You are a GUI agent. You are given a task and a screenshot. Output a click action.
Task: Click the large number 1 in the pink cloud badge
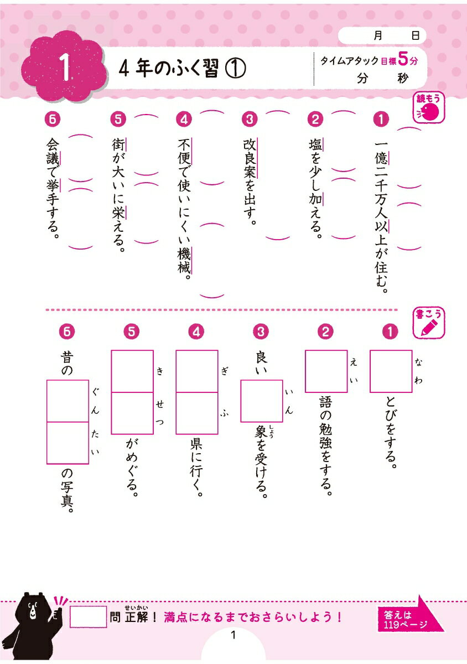pyautogui.click(x=65, y=67)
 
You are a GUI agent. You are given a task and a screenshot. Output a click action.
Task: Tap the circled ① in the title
pyautogui.click(x=235, y=69)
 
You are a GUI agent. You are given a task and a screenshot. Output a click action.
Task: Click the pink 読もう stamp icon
pyautogui.click(x=428, y=107)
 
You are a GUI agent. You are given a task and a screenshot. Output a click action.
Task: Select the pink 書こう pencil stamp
pyautogui.click(x=428, y=323)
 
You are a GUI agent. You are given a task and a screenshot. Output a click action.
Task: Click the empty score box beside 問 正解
pyautogui.click(x=88, y=616)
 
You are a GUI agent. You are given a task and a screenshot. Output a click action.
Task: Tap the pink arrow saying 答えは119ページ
pyautogui.click(x=410, y=616)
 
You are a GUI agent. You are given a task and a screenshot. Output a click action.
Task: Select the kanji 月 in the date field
pyautogui.click(x=378, y=36)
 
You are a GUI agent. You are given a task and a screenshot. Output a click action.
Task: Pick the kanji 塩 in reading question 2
pyautogui.click(x=315, y=146)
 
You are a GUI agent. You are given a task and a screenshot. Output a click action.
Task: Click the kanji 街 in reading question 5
pyautogui.click(x=118, y=145)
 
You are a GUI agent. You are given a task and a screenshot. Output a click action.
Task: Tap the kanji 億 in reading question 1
pyautogui.click(x=381, y=158)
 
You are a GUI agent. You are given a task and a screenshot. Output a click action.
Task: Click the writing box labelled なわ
pyautogui.click(x=391, y=371)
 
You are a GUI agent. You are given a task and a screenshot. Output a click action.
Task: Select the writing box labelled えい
pyautogui.click(x=326, y=371)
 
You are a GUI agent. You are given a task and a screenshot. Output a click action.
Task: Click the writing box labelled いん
pyautogui.click(x=261, y=401)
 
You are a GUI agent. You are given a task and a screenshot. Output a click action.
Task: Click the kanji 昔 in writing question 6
pyautogui.click(x=67, y=358)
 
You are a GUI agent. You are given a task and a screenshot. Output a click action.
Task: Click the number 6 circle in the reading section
pyautogui.click(x=52, y=120)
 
